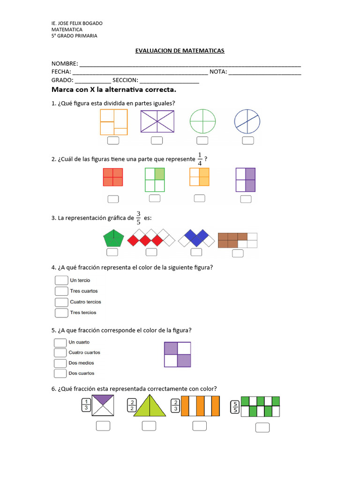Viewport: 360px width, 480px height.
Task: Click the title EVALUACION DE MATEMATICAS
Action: [177, 50]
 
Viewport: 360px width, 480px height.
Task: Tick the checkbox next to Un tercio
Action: [61, 280]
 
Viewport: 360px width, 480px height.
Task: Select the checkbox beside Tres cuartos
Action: [61, 291]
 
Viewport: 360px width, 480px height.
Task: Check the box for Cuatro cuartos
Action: [60, 352]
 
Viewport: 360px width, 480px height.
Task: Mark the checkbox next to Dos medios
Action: [60, 363]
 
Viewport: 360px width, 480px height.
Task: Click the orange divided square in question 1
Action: [114, 122]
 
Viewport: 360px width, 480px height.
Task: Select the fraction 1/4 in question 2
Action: [200, 159]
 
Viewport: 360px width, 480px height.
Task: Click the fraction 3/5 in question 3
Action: [138, 218]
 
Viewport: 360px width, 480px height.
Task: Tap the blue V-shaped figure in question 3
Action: [197, 238]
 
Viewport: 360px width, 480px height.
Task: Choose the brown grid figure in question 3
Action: [238, 240]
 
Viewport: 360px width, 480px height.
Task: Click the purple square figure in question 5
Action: [177, 354]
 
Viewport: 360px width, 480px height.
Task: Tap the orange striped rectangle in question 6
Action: [200, 406]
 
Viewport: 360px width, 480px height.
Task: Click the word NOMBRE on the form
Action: [65, 64]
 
